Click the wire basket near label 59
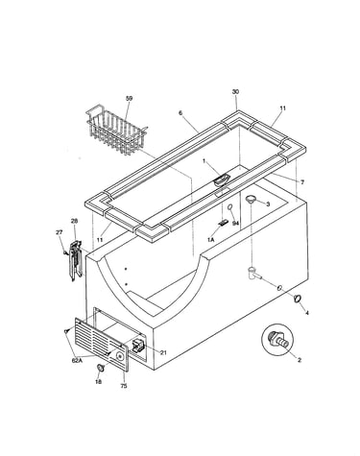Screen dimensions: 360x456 point(117,130)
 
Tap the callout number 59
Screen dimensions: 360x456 point(129,99)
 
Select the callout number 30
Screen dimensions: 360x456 point(235,92)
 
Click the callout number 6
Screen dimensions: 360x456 point(180,112)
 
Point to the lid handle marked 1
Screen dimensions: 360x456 point(221,180)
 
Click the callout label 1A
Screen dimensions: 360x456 point(210,239)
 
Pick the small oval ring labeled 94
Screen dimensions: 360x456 point(230,208)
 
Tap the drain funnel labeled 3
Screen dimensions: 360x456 point(252,200)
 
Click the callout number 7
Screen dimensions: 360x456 point(302,182)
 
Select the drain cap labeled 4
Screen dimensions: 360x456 point(298,299)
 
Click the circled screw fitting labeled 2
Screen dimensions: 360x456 point(277,340)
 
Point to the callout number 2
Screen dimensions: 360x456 point(300,360)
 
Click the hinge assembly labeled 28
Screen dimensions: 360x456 point(76,261)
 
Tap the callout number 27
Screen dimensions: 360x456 point(60,232)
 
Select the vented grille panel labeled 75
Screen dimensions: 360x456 point(102,345)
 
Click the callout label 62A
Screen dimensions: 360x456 point(77,361)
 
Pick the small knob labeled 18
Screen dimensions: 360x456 point(101,368)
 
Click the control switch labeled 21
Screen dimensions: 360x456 point(138,346)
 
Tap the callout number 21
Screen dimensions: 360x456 point(163,352)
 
